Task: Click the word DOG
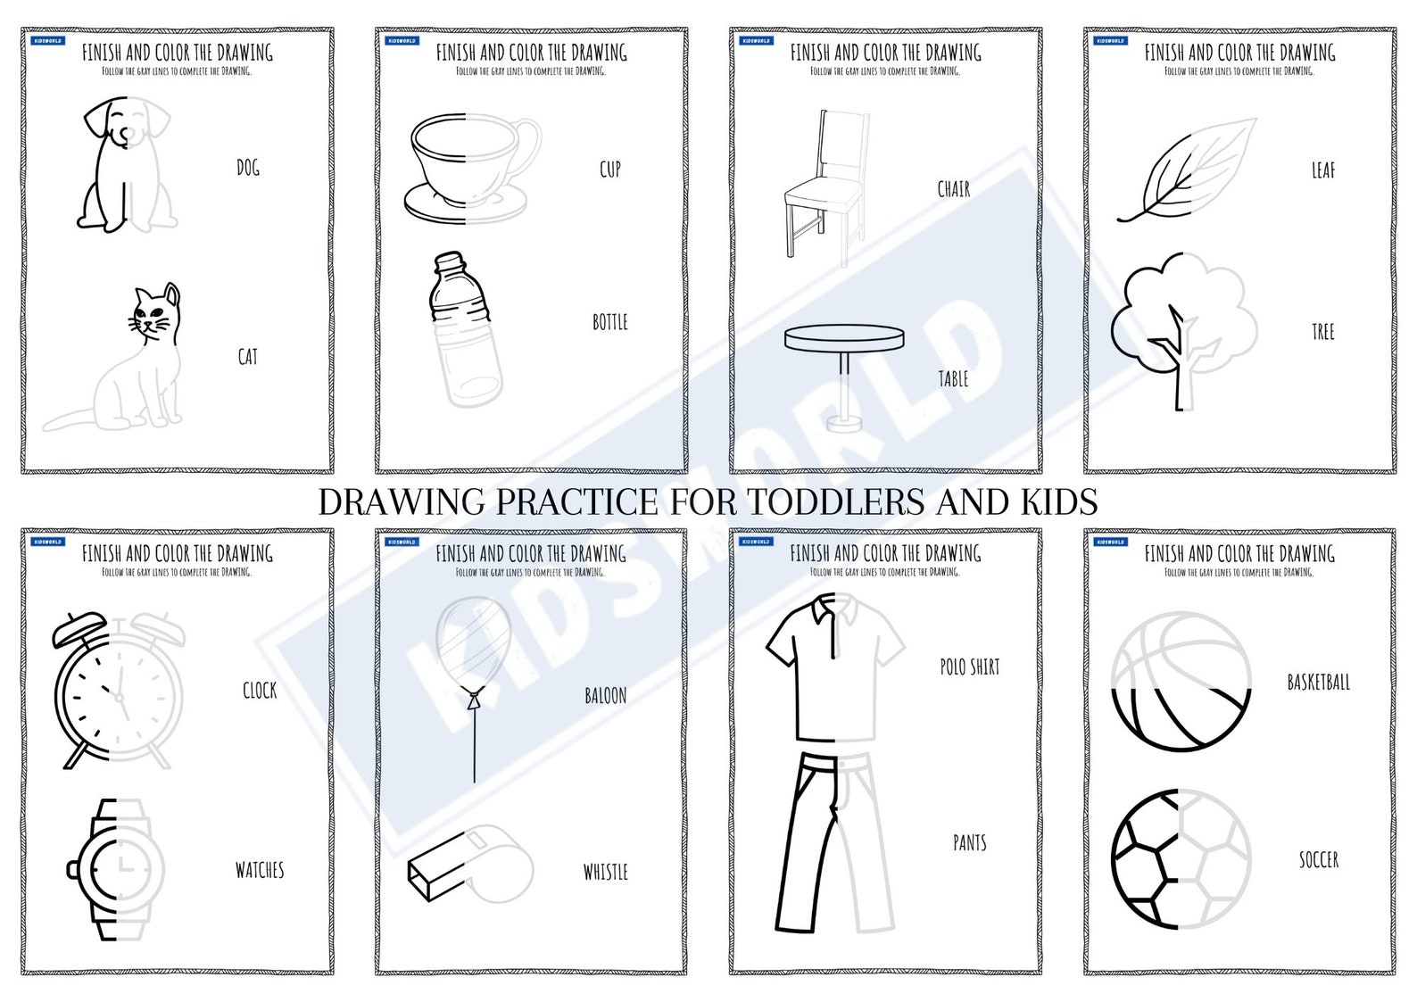coord(248,168)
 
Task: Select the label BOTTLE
coord(610,322)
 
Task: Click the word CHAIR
coord(953,189)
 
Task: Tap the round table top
coord(844,338)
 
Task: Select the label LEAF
coord(1322,170)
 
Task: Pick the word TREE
coord(1322,333)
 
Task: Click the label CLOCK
coord(260,691)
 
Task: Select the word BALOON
coord(605,696)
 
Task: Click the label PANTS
coord(969,843)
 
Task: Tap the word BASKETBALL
coord(1318,683)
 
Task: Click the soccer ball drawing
coord(1181,859)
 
